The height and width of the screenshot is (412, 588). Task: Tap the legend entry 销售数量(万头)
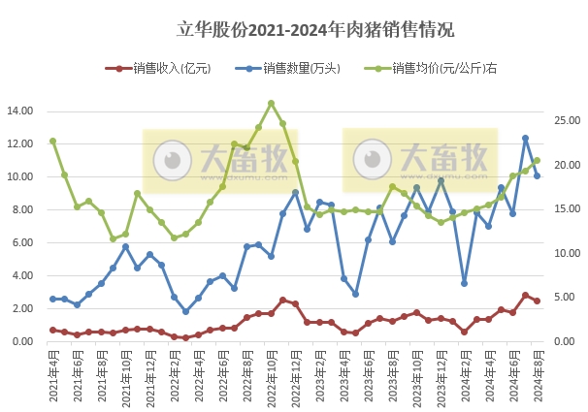tap(292, 69)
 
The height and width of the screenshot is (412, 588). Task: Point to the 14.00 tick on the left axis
tap(20, 111)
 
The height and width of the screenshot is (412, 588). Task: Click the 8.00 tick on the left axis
tap(23, 209)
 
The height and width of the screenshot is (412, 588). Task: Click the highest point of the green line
tap(271, 103)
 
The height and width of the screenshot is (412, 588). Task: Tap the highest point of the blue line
tap(525, 138)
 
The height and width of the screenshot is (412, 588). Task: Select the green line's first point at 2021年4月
tap(52, 142)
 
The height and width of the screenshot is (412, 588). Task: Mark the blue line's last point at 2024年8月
tap(537, 175)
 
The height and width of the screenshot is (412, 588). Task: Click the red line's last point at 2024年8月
tap(537, 301)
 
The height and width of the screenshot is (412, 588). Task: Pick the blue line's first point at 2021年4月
tap(52, 299)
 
